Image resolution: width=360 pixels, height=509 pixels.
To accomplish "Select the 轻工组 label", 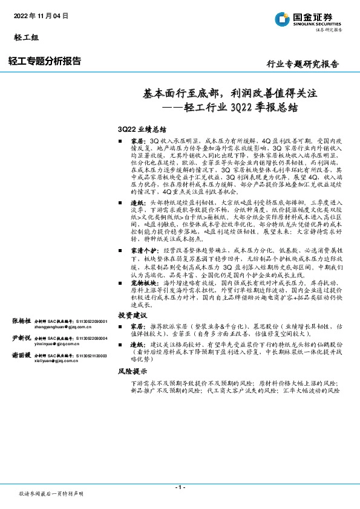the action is point(25,38).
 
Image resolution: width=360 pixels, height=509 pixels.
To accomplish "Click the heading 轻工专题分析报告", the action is point(45,60).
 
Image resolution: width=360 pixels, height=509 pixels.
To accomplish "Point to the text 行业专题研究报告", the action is point(303,64).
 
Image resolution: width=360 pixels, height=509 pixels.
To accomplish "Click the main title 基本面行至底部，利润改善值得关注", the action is point(230,94).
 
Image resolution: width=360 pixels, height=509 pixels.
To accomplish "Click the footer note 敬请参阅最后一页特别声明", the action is point(51,494).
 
